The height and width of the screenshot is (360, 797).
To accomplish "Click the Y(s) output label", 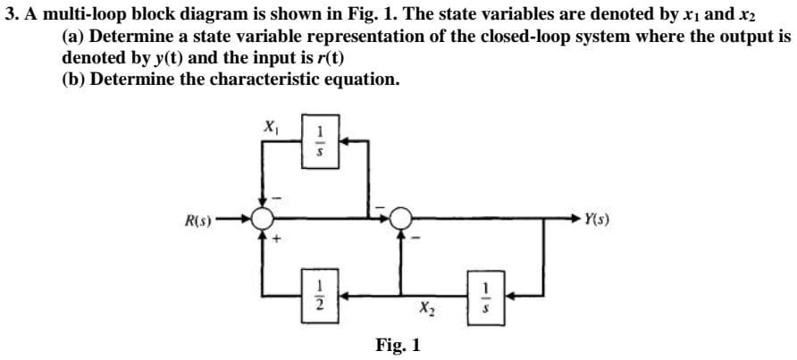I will click(x=600, y=215).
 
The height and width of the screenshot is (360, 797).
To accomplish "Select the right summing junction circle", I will click(x=401, y=216).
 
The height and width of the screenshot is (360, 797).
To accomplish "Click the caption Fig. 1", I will click(x=398, y=344).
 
